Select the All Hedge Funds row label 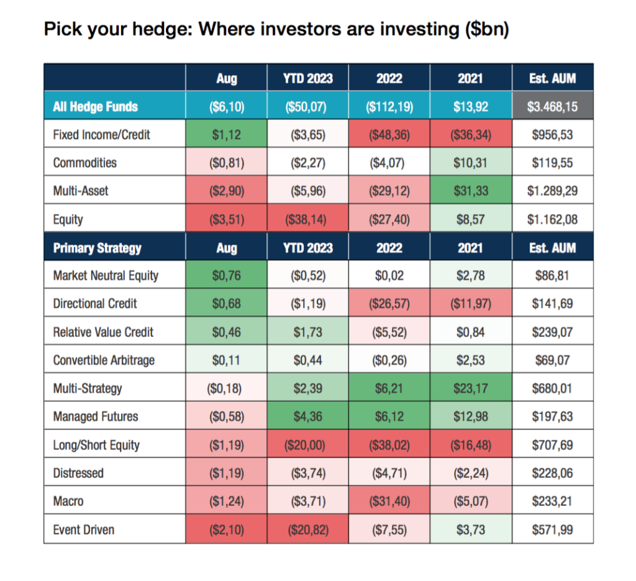95,107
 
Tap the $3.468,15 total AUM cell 552,107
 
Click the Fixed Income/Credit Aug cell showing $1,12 226,135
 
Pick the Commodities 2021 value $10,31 471,163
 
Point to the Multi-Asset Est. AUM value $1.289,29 552,191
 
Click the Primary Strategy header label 98,248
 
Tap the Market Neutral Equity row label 106,276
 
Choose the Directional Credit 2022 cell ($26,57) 389,304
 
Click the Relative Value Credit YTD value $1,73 308,332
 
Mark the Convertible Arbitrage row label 104,360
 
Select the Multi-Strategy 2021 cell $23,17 471,389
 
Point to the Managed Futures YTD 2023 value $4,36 308,417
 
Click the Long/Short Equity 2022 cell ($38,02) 389,445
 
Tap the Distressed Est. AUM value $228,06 552,473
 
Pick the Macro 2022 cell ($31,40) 389,502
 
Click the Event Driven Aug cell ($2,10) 227,530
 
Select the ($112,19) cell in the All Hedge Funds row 389,107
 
